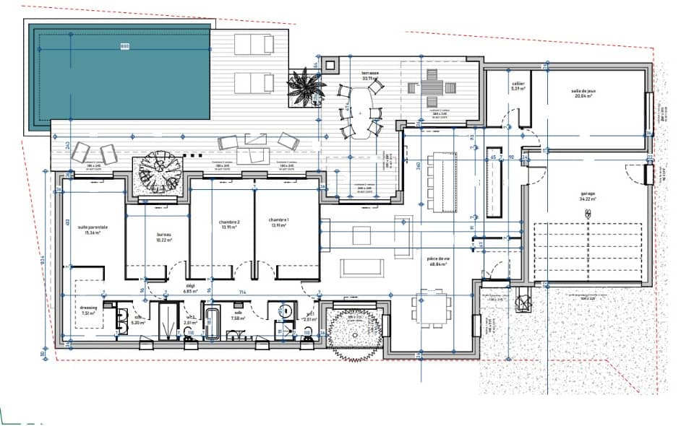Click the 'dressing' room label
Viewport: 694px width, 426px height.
pyautogui.click(x=89, y=310)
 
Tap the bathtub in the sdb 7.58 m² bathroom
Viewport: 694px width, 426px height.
pyautogui.click(x=213, y=322)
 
